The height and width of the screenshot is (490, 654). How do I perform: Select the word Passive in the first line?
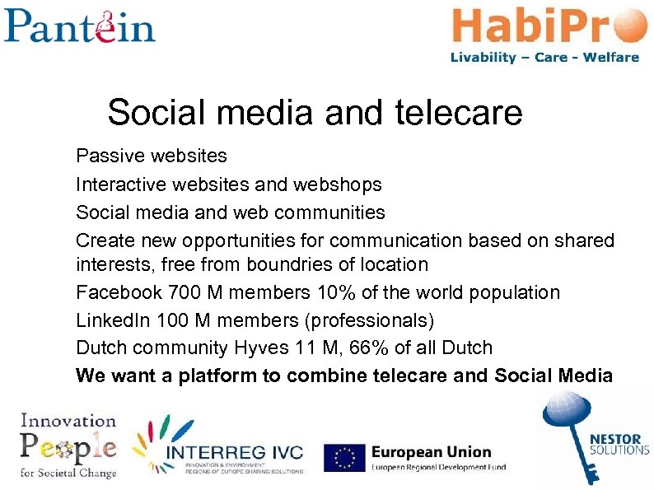[105, 155]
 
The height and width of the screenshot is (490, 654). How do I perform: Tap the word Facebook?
[119, 292]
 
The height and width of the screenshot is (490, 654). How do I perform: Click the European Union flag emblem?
[345, 458]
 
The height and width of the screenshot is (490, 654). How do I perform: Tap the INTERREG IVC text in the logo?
[234, 453]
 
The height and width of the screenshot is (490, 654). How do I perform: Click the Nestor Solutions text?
[619, 445]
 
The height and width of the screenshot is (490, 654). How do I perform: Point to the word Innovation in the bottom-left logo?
[68, 421]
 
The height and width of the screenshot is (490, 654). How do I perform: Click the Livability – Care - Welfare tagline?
[544, 58]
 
